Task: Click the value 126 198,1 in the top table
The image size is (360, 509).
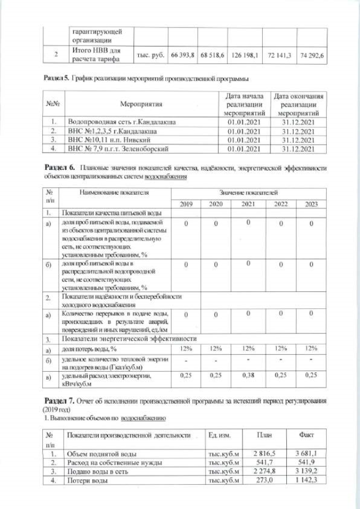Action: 244,57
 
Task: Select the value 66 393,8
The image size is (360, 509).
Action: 182,57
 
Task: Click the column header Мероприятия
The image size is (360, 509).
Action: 141,105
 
